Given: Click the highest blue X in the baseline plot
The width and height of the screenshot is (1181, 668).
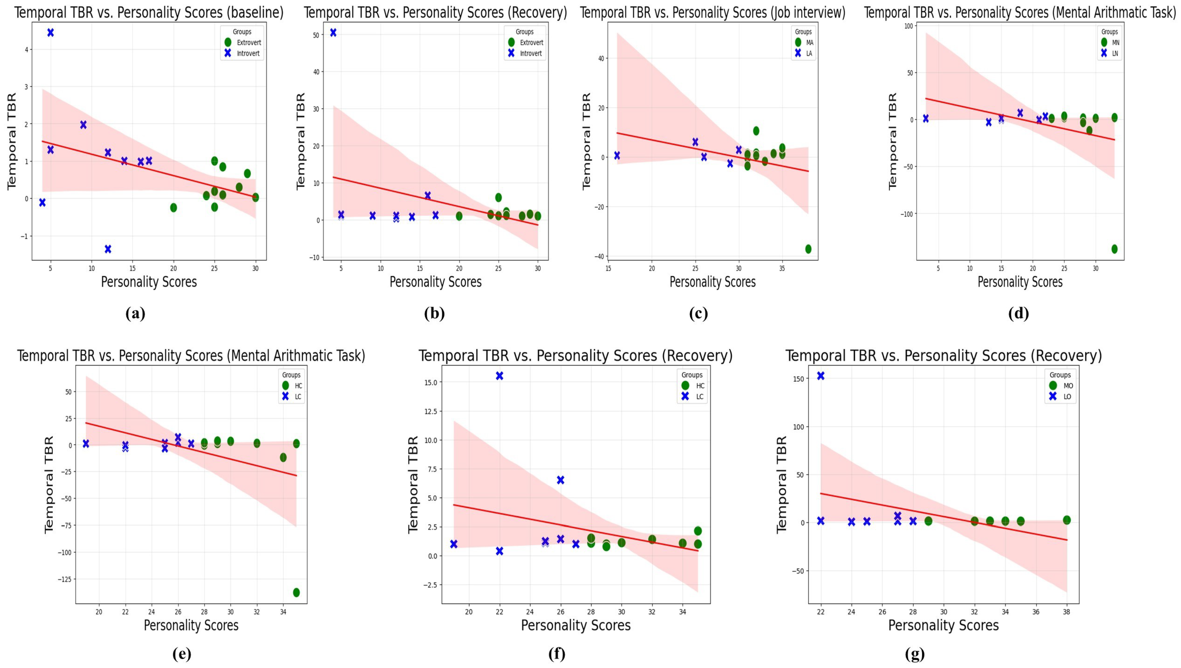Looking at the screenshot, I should (50, 33).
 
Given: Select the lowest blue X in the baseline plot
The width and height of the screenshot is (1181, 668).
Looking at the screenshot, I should (108, 249).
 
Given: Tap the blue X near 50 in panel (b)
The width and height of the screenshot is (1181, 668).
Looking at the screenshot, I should (333, 33).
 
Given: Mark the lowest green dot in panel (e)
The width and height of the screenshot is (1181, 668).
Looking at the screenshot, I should (296, 592).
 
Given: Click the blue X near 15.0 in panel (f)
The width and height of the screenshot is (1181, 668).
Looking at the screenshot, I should (499, 376).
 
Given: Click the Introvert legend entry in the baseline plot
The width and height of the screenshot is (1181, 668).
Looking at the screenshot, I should (248, 53).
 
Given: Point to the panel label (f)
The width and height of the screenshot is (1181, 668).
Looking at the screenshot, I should (557, 654).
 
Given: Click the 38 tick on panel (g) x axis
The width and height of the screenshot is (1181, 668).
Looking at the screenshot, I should (1067, 612).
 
